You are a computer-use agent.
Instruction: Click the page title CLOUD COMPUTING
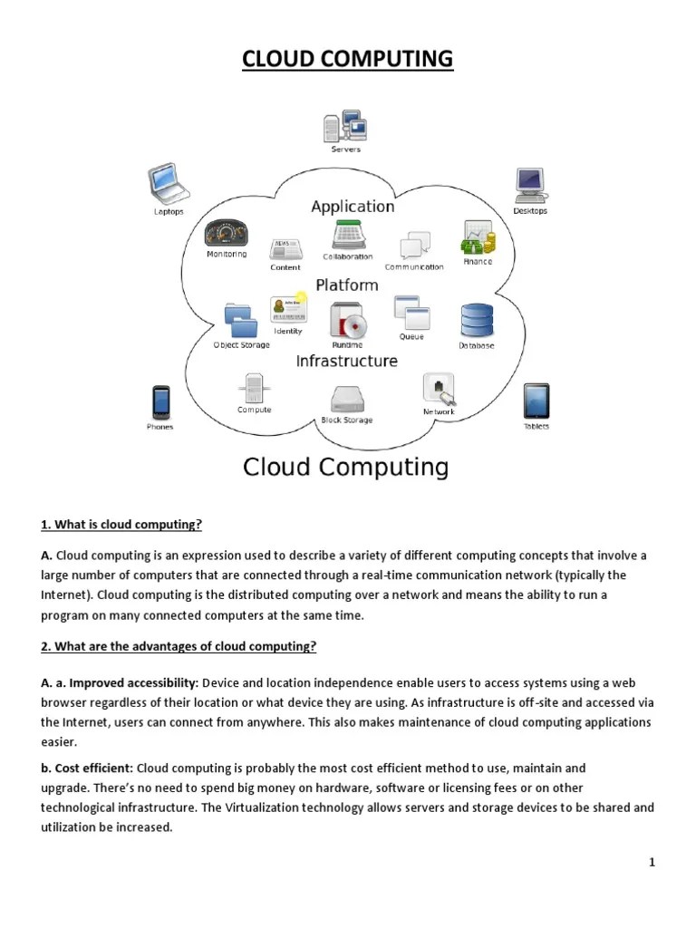tap(348, 60)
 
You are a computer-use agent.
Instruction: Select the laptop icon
tap(168, 184)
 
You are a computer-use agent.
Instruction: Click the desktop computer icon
tap(529, 185)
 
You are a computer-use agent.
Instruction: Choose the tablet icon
tap(536, 401)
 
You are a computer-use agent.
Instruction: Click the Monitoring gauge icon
tap(227, 233)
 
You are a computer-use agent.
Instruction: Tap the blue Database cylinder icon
tap(477, 320)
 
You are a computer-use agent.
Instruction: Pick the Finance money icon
tap(478, 237)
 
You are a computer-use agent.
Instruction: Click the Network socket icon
tap(439, 390)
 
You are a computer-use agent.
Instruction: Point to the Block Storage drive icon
tap(347, 400)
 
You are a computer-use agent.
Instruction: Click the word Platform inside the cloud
tap(347, 285)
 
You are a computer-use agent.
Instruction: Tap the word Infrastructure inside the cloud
tap(347, 361)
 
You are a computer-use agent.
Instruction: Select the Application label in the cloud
tap(353, 207)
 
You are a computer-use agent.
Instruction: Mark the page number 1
tap(652, 862)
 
